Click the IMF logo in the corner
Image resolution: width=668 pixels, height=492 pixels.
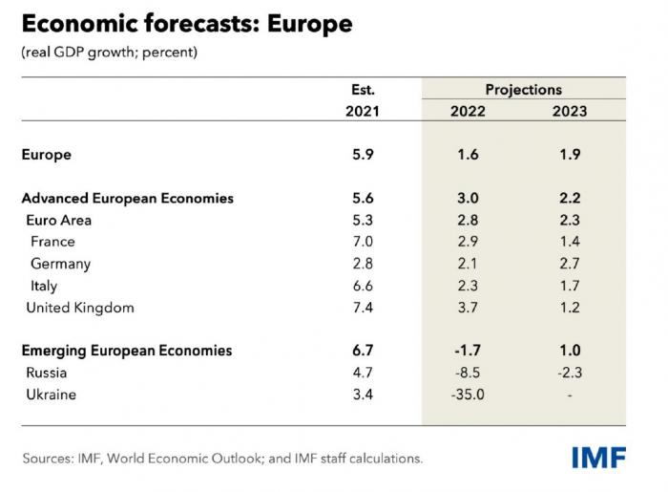pyautogui.click(x=598, y=458)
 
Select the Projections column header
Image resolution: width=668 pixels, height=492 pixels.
pyautogui.click(x=523, y=89)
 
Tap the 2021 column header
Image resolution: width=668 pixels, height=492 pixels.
pyautogui.click(x=362, y=111)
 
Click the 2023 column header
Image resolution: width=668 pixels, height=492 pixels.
pyautogui.click(x=570, y=111)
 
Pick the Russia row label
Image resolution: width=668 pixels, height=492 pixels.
pyautogui.click(x=48, y=373)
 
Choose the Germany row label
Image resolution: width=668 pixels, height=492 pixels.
pyautogui.click(x=60, y=264)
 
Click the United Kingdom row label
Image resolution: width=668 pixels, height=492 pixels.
pyautogui.click(x=80, y=308)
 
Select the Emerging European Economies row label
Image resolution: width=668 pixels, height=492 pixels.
pyautogui.click(x=127, y=351)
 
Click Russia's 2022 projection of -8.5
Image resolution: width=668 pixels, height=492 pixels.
pyautogui.click(x=467, y=373)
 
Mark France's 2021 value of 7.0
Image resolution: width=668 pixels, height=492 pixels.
pyautogui.click(x=363, y=242)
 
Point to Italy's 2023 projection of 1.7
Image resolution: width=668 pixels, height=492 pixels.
pyautogui.click(x=570, y=286)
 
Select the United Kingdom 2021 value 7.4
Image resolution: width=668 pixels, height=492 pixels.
pyautogui.click(x=363, y=308)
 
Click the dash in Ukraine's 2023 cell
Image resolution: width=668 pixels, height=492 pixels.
pyautogui.click(x=570, y=394)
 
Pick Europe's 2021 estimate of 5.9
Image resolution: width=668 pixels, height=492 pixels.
pyautogui.click(x=363, y=155)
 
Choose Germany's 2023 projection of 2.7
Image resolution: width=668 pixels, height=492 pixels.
pyautogui.click(x=570, y=264)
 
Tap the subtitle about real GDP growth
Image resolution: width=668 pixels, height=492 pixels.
pyautogui.click(x=109, y=52)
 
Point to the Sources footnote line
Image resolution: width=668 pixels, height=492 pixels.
pyautogui.click(x=221, y=459)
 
